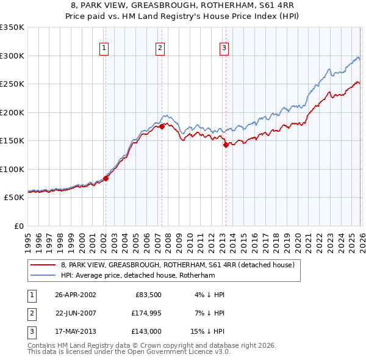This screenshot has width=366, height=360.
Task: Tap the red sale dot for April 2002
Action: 106,178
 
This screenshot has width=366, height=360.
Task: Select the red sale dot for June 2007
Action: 162,126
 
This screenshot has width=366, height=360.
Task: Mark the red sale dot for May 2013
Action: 226,145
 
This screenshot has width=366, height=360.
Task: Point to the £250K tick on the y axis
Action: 12,84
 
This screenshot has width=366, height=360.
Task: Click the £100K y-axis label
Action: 12,169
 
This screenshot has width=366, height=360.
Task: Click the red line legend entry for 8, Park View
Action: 178,265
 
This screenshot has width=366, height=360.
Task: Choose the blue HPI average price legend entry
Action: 146,275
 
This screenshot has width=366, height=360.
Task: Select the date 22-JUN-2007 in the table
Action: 75,313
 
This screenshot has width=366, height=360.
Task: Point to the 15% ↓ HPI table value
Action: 207,332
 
